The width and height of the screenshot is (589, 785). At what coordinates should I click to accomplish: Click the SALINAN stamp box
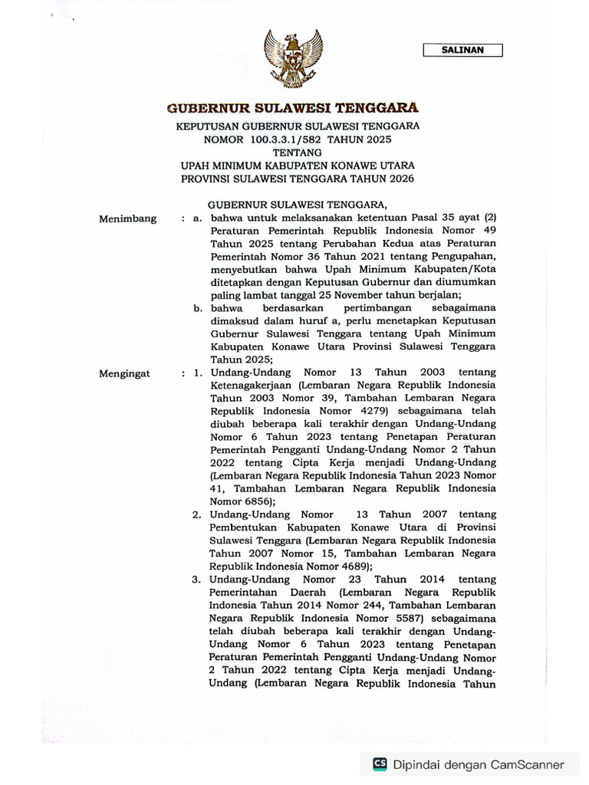462,51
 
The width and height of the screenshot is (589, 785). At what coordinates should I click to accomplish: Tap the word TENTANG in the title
294,152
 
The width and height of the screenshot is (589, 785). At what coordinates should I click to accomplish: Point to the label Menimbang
128,218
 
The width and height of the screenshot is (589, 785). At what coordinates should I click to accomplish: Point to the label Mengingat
125,373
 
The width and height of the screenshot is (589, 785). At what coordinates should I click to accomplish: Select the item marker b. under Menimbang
197,308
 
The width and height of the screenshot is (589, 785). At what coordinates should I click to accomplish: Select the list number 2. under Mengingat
197,514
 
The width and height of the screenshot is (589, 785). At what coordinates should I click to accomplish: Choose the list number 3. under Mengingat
197,579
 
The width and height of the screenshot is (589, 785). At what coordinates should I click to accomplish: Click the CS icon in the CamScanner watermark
380,764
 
